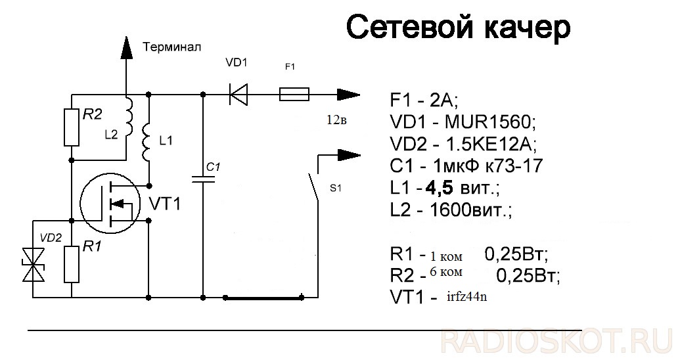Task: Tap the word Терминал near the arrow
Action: pyautogui.click(x=171, y=47)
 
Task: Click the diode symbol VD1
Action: pyautogui.click(x=238, y=95)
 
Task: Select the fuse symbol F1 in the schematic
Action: pyautogui.click(x=294, y=95)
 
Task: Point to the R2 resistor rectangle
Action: pyautogui.click(x=72, y=126)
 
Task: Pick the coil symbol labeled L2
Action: pyautogui.click(x=129, y=118)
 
